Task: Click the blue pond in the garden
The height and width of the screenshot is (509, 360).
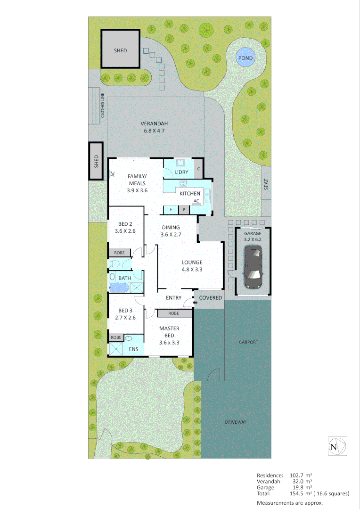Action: [x=245, y=58]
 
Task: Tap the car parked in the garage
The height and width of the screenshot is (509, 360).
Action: [x=253, y=268]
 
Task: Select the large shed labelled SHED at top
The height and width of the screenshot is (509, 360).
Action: [x=121, y=50]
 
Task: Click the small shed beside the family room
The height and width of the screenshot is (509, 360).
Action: [x=96, y=161]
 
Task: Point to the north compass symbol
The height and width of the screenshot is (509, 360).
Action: [x=337, y=446]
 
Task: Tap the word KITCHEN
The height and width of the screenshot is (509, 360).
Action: [x=190, y=193]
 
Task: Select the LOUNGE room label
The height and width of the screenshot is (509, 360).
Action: [x=192, y=263]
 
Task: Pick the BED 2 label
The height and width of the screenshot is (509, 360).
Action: [x=125, y=224]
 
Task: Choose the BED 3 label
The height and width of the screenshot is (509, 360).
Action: [x=125, y=310]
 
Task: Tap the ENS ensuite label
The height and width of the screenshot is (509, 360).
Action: [x=133, y=349]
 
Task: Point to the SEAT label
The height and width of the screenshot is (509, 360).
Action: [x=266, y=185]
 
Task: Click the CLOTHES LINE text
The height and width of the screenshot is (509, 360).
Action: [x=103, y=106]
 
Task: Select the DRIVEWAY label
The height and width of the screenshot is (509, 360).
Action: [x=236, y=422]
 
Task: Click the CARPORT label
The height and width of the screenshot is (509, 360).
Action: [x=248, y=342]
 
